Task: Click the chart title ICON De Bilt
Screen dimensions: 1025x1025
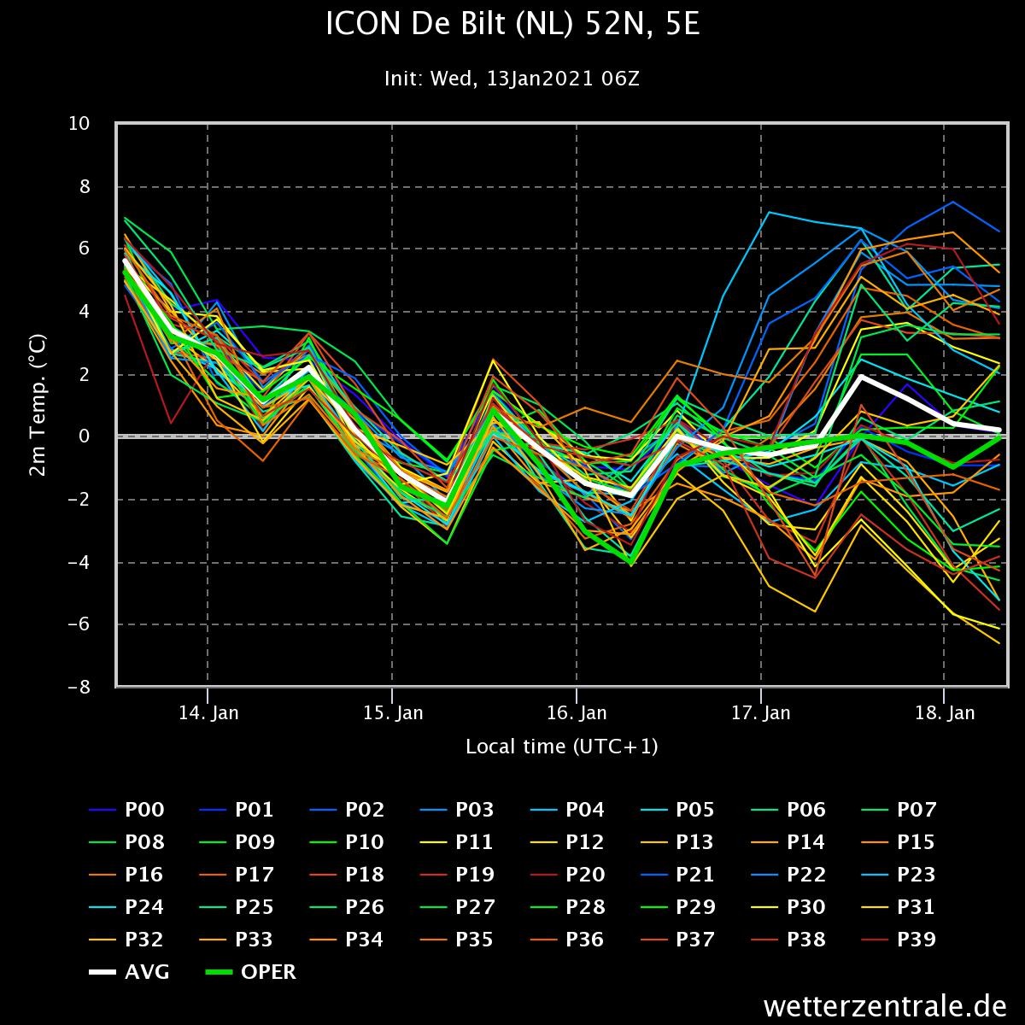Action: click(x=512, y=26)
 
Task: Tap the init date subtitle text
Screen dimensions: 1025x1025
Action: click(x=512, y=79)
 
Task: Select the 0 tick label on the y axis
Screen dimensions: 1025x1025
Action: click(x=85, y=437)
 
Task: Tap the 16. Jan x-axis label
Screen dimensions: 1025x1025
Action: click(x=577, y=713)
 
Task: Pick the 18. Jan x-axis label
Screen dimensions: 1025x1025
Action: click(x=945, y=713)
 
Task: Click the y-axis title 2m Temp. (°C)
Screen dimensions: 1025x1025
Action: click(x=38, y=406)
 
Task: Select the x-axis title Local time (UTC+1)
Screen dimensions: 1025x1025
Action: click(x=561, y=747)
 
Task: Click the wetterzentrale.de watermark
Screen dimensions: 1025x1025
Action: click(x=886, y=1005)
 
